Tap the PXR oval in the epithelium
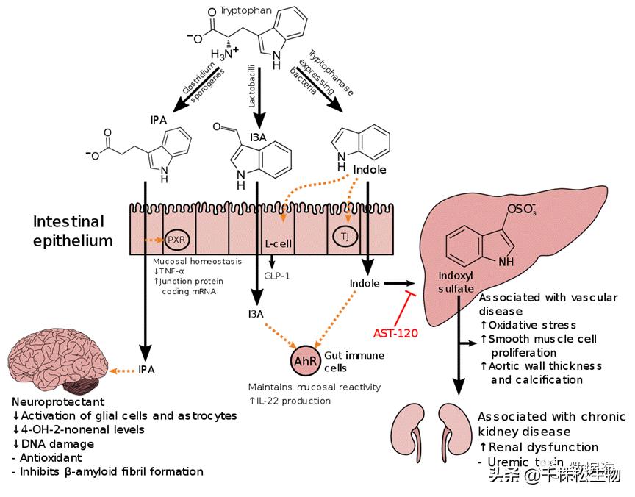(x=175, y=240)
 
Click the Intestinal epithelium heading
(x=69, y=231)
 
